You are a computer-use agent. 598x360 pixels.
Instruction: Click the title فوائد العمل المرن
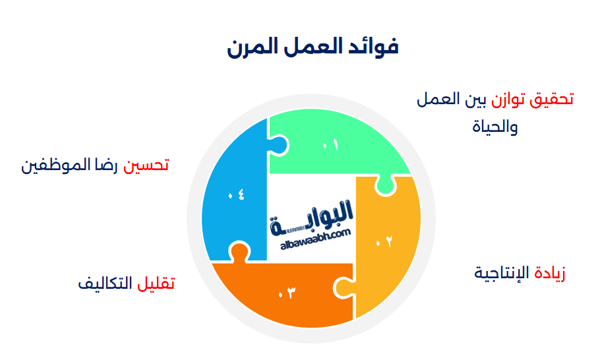coord(313,47)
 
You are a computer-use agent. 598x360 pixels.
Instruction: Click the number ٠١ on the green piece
coord(330,145)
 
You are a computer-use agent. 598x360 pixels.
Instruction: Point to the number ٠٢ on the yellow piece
coord(384,241)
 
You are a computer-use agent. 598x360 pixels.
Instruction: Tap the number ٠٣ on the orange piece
coord(287,293)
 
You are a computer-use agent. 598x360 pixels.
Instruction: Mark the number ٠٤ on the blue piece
coord(236,195)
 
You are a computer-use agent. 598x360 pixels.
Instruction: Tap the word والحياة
coord(495,126)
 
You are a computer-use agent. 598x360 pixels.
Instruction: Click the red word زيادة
coord(550,273)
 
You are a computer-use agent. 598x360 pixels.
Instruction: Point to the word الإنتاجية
coord(502,273)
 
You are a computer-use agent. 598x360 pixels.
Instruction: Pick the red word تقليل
coord(156,284)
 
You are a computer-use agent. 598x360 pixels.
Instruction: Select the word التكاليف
coord(105,284)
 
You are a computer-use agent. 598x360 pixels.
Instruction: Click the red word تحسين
coord(146,165)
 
